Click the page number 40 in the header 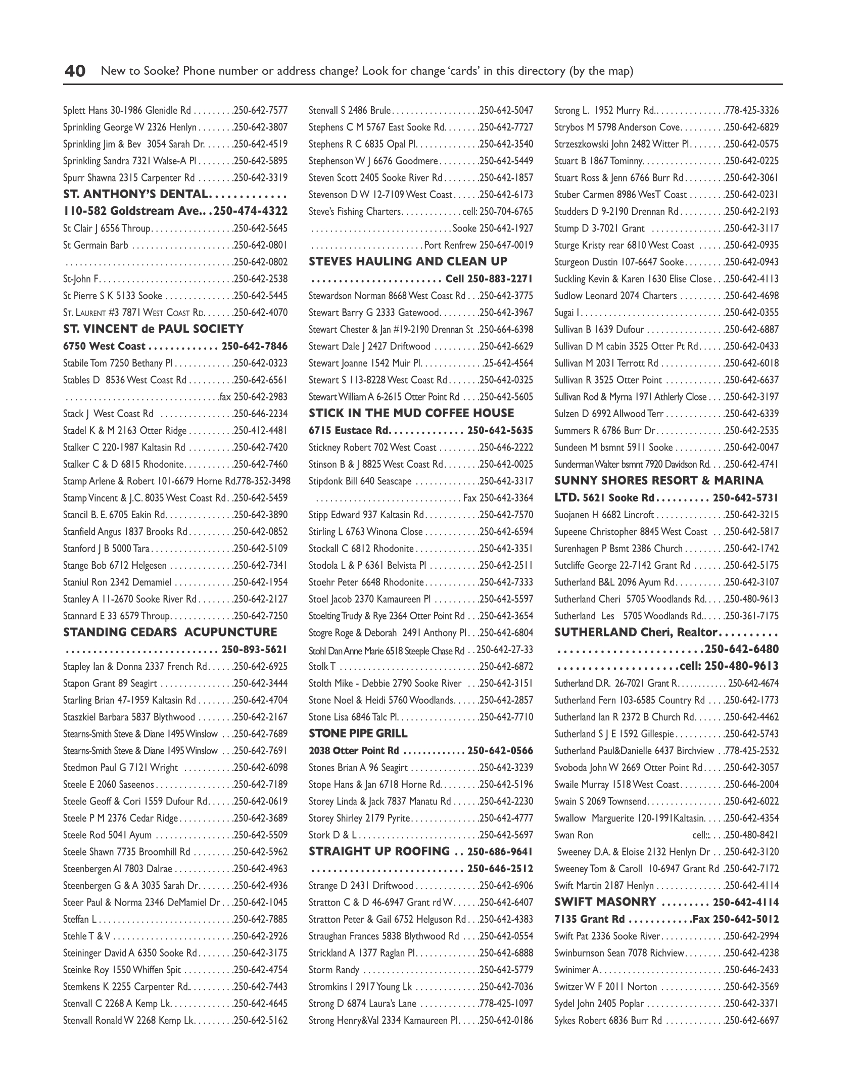tap(75, 71)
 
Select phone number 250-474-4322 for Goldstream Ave tap(251, 211)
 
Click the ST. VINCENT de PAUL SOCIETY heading tap(153, 329)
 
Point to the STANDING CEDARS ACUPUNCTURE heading tap(170, 632)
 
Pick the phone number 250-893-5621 tap(254, 649)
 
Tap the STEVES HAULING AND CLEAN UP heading tap(408, 261)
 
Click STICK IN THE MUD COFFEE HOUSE tap(411, 413)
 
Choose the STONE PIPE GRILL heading tap(358, 733)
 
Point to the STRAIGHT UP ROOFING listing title tap(379, 851)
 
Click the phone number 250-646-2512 tap(500, 869)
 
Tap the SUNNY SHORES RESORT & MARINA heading tap(659, 480)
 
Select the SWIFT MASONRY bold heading tap(605, 902)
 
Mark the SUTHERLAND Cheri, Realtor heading tap(636, 632)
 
